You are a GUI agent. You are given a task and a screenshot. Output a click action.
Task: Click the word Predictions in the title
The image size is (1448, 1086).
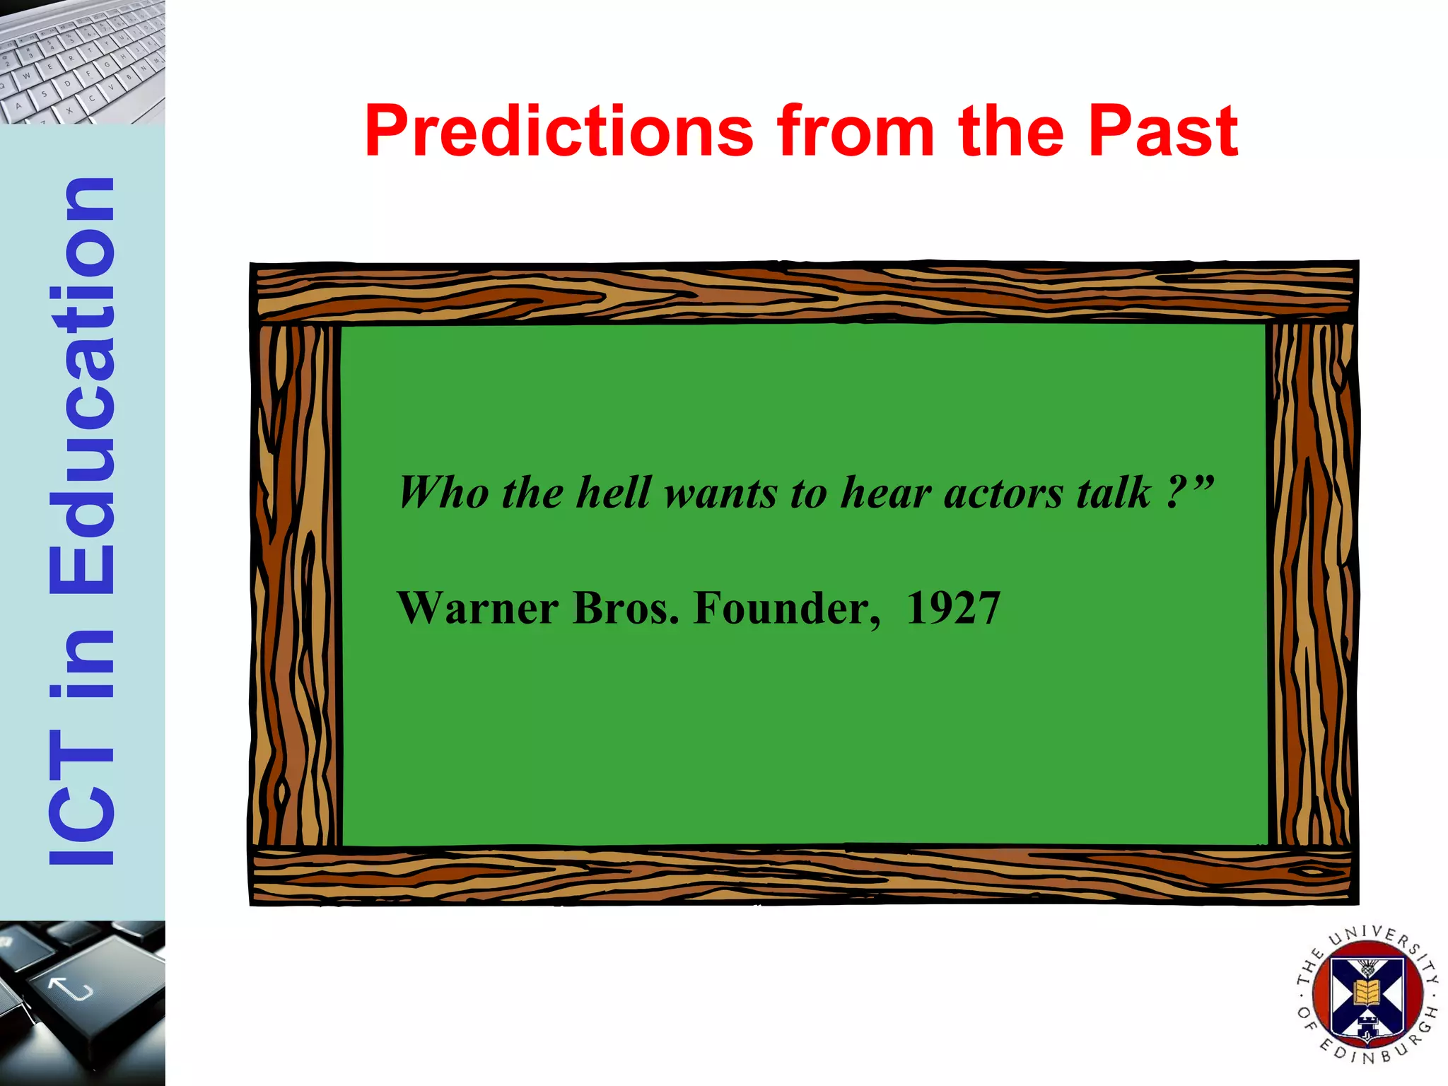pyautogui.click(x=559, y=132)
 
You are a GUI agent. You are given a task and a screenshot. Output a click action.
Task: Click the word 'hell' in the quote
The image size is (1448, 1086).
pyautogui.click(x=612, y=492)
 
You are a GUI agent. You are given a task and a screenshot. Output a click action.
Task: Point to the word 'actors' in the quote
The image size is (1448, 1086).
pyautogui.click(x=1003, y=494)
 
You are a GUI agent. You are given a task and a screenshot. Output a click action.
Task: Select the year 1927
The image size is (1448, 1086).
pyautogui.click(x=953, y=608)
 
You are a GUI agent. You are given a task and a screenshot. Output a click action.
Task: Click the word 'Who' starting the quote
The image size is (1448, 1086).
pyautogui.click(x=443, y=492)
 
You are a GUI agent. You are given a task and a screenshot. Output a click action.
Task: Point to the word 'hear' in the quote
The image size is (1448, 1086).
pyautogui.click(x=885, y=492)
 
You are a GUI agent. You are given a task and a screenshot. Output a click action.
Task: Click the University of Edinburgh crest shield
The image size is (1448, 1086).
pyautogui.click(x=1367, y=997)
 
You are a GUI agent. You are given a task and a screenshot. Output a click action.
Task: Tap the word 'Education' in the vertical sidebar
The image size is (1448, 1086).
pyautogui.click(x=82, y=385)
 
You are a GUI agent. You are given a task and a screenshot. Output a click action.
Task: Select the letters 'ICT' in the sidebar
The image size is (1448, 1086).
pyautogui.click(x=82, y=795)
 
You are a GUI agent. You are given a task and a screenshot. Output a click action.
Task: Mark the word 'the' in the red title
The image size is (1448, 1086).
pyautogui.click(x=1011, y=132)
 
